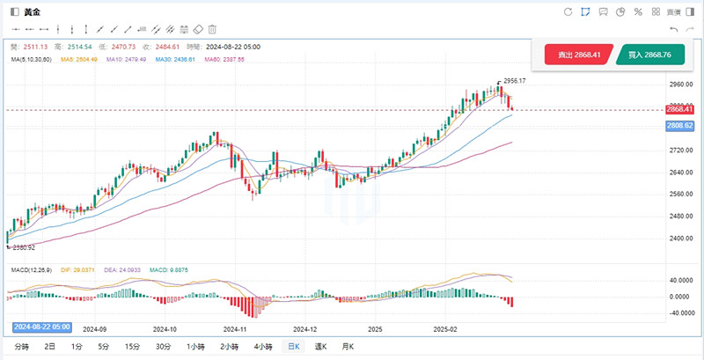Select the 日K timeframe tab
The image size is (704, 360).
(x=291, y=347)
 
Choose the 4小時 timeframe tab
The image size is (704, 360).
(x=262, y=347)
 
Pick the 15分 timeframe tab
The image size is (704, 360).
(x=132, y=347)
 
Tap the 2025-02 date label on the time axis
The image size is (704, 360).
(x=445, y=328)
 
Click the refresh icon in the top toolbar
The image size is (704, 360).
(x=567, y=11)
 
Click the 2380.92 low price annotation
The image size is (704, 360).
(x=21, y=247)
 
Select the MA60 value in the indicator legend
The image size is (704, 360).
(x=224, y=59)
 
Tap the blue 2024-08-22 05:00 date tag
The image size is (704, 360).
(x=41, y=327)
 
